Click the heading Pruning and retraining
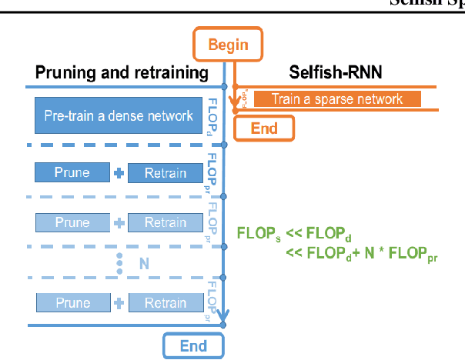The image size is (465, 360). (122, 74)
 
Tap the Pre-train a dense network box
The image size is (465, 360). (118, 116)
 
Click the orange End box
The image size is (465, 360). (264, 128)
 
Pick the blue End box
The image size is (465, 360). (193, 345)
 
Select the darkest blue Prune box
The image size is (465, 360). (72, 173)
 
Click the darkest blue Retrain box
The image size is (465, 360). (165, 173)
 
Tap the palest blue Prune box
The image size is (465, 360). (72, 302)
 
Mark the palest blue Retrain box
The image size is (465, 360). (165, 302)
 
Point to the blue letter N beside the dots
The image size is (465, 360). (143, 263)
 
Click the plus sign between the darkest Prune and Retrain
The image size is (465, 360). (119, 173)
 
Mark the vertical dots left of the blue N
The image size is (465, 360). (119, 263)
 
